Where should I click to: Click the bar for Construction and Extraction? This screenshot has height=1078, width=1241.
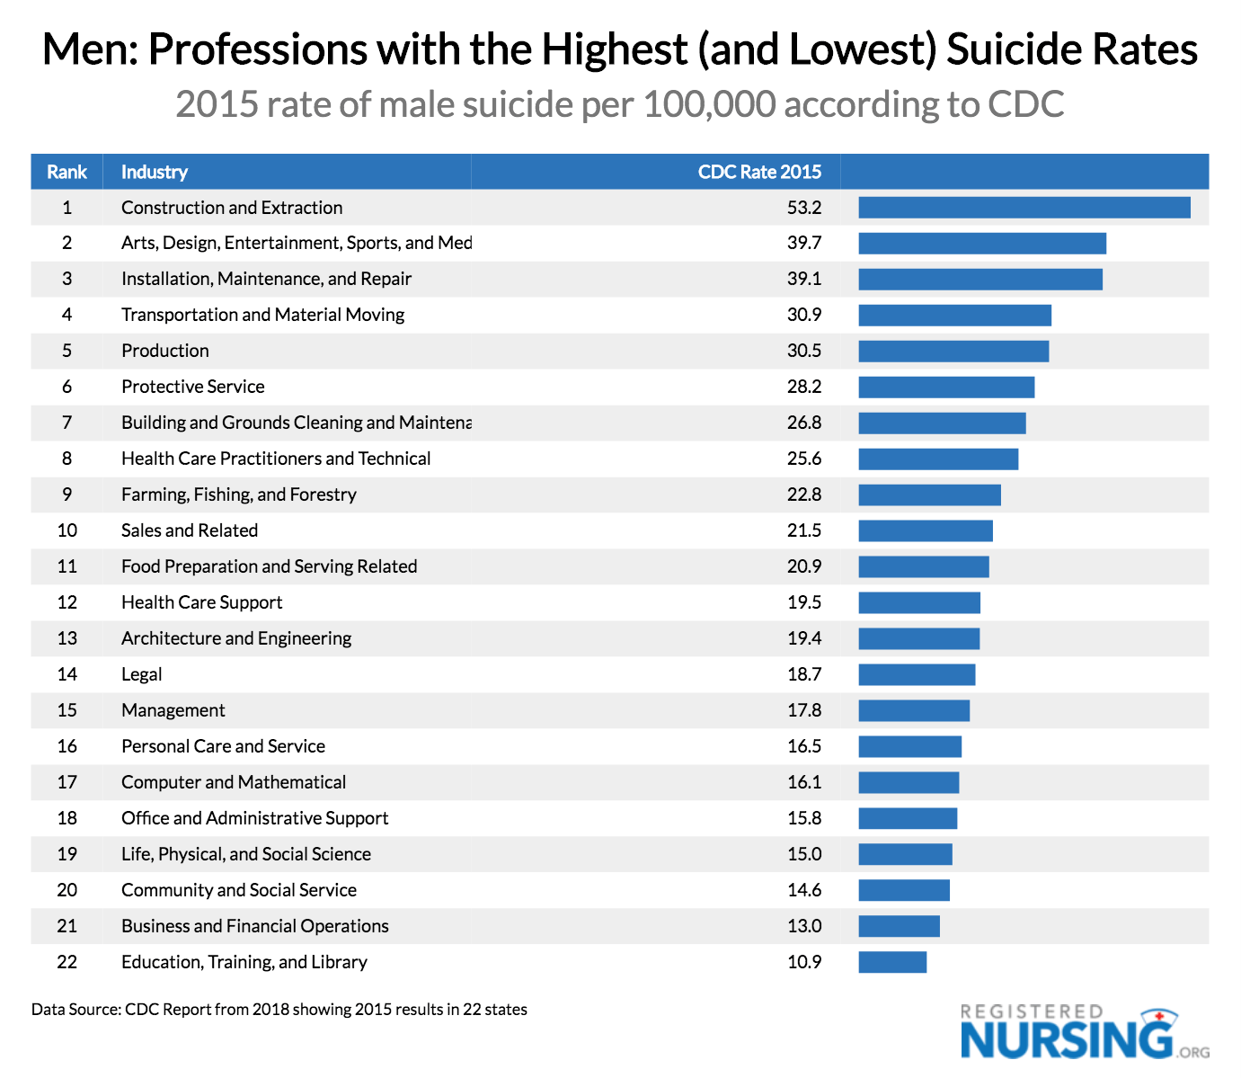pyautogui.click(x=1024, y=208)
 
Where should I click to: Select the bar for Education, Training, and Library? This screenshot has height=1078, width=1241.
pyautogui.click(x=892, y=962)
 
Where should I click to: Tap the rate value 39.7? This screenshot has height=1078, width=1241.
pyautogui.click(x=803, y=243)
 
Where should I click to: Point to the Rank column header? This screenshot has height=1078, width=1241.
pyautogui.click(x=66, y=172)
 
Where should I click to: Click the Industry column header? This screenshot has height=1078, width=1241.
pyautogui.click(x=154, y=172)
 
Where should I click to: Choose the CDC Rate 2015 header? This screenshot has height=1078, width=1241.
pyautogui.click(x=758, y=172)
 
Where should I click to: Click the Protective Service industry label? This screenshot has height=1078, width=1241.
pyautogui.click(x=192, y=387)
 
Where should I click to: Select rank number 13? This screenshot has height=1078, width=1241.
pyautogui.click(x=66, y=638)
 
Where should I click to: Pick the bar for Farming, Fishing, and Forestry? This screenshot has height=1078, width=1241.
pyautogui.click(x=929, y=494)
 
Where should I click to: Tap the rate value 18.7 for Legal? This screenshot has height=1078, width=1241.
pyautogui.click(x=803, y=674)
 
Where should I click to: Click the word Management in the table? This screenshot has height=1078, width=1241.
pyautogui.click(x=173, y=710)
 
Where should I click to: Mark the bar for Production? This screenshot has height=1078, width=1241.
pyautogui.click(x=953, y=351)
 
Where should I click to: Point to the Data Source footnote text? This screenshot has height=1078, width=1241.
pyautogui.click(x=279, y=1009)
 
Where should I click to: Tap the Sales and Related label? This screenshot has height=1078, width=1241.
pyautogui.click(x=189, y=530)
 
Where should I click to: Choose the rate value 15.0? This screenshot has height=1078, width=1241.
pyautogui.click(x=803, y=854)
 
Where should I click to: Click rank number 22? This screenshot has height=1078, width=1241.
pyautogui.click(x=66, y=962)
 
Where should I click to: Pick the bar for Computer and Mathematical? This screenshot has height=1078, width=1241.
pyautogui.click(x=909, y=782)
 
